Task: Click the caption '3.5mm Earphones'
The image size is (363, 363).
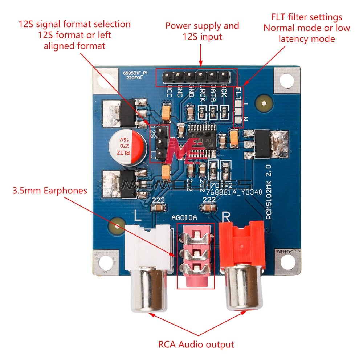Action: pos(50,190)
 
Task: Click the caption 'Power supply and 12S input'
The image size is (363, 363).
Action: pos(202,31)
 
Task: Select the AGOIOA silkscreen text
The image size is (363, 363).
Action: pos(184,217)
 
